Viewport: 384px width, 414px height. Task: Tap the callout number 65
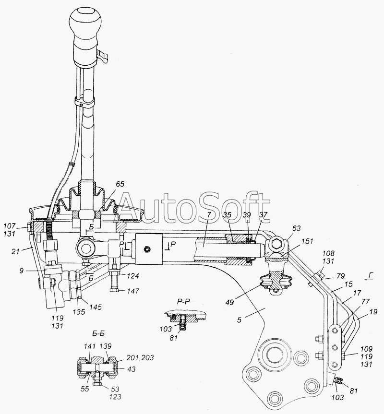coord(120,184)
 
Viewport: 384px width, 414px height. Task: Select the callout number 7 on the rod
coord(209,214)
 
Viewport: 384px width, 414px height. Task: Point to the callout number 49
coord(230,302)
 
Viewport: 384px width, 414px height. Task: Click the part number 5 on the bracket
coord(239,320)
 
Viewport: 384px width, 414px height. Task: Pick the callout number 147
coord(132,291)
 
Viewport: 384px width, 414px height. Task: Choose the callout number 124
coord(132,276)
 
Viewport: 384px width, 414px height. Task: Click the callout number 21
coord(15,251)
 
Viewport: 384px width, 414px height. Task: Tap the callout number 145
coord(95,307)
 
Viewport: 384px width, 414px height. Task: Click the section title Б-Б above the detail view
coord(98,334)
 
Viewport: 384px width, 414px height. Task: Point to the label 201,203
coord(140,357)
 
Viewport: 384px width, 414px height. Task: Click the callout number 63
coord(296,228)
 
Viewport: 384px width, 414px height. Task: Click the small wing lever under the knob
coord(104,57)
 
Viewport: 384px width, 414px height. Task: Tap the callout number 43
coord(131,369)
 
